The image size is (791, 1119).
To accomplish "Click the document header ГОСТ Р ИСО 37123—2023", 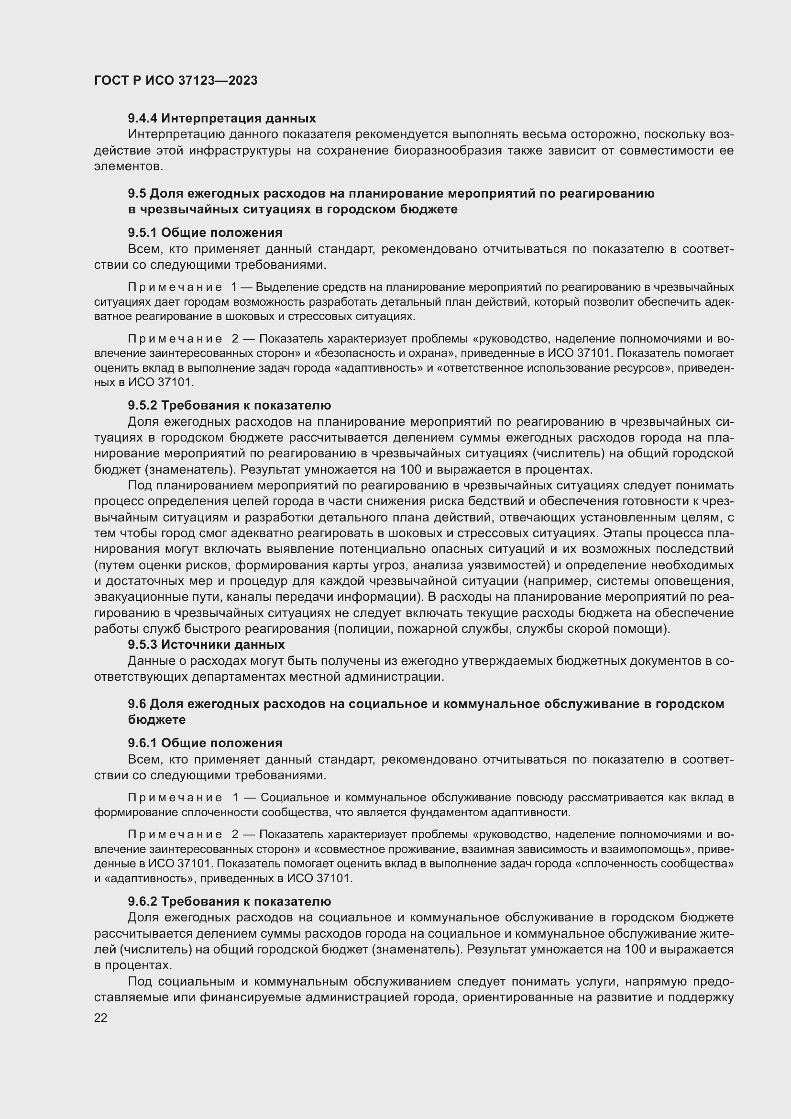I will pos(176,80).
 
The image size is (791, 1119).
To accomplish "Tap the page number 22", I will pos(100,1017).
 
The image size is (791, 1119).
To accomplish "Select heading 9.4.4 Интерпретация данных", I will pos(221,119).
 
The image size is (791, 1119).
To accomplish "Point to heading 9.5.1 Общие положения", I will pos(205,233).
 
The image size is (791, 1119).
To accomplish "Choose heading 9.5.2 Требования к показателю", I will pos(230,405).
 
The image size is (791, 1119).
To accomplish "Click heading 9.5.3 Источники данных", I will pos(206,644).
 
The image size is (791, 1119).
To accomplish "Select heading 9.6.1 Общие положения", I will pos(205,743).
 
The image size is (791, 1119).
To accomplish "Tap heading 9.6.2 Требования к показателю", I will pos(230,901).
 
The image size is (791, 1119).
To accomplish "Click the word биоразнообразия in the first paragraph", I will pos(448,151).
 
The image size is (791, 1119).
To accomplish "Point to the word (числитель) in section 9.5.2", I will pos(569,453).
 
